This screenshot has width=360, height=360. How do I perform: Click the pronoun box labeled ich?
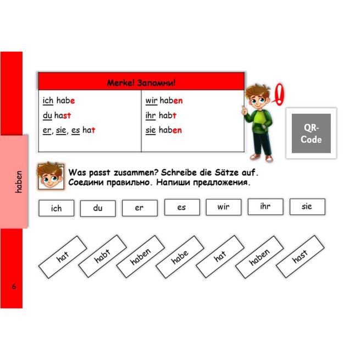click(x=57, y=208)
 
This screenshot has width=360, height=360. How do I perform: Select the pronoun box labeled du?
click(x=98, y=208)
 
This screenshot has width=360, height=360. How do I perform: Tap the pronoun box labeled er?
click(x=140, y=208)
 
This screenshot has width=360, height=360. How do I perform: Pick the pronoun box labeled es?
click(x=182, y=207)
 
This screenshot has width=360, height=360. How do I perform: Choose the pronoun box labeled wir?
click(x=224, y=207)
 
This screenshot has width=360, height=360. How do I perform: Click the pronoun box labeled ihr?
click(x=265, y=207)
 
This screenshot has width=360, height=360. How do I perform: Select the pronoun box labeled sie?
click(x=307, y=207)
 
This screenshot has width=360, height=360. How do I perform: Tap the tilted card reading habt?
click(x=102, y=256)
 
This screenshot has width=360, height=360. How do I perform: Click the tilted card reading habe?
click(x=180, y=257)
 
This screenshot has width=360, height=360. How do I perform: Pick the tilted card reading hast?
click(x=300, y=256)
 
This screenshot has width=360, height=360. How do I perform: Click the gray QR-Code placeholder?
click(x=311, y=133)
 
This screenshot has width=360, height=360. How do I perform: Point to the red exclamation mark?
click(x=279, y=95)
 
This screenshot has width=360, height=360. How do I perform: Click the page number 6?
click(x=14, y=286)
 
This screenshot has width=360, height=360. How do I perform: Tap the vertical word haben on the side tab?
click(x=18, y=181)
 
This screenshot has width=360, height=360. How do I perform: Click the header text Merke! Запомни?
click(x=141, y=82)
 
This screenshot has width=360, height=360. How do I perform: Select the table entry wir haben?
click(x=164, y=101)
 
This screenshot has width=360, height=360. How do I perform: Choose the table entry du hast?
click(x=57, y=115)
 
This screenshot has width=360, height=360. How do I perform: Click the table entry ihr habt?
click(x=160, y=115)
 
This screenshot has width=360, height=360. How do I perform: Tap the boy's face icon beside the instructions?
click(x=51, y=176)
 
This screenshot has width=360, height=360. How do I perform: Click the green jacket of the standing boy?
click(x=259, y=121)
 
